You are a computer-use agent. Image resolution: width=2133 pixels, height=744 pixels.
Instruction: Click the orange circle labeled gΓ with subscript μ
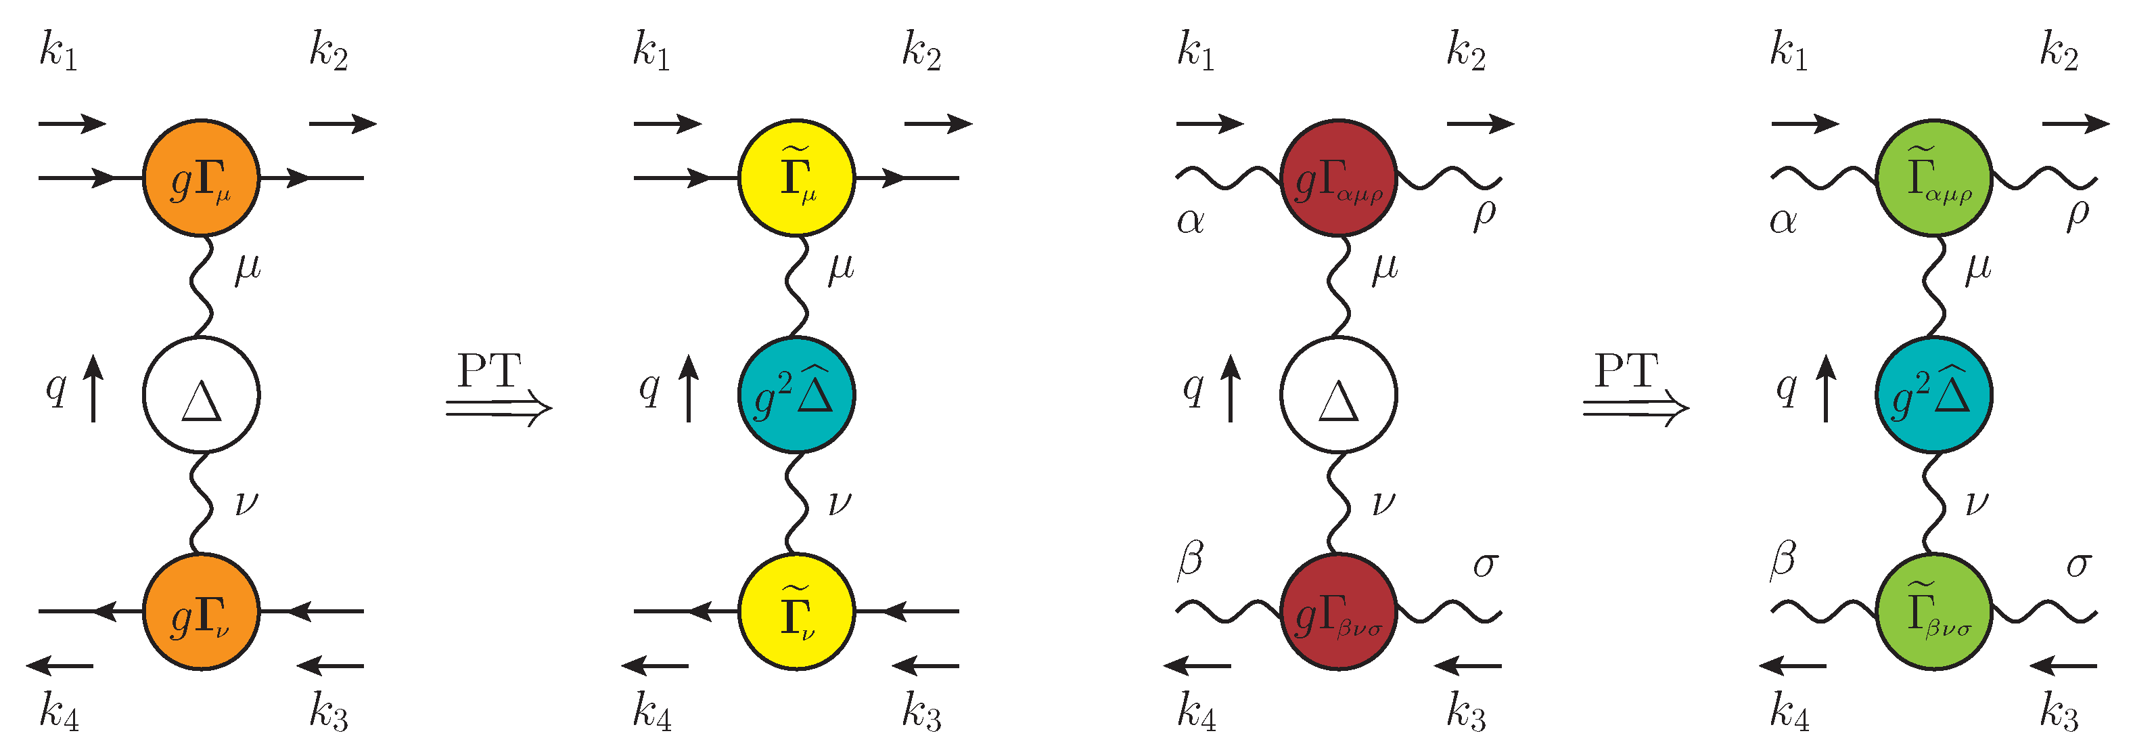coord(201,178)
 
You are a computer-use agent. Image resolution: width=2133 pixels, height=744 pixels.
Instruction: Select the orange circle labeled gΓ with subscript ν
coord(201,611)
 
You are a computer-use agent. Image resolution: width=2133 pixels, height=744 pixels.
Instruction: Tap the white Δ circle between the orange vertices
coord(201,395)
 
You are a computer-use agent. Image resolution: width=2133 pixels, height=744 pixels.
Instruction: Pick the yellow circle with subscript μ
coord(796,178)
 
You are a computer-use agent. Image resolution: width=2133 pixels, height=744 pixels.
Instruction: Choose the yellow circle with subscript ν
coord(796,611)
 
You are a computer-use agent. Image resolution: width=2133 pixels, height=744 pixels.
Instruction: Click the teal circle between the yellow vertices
coord(796,395)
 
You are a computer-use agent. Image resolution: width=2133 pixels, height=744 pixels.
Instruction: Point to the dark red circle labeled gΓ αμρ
coord(1339,178)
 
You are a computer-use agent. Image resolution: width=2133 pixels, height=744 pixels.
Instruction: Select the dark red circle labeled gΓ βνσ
coord(1339,611)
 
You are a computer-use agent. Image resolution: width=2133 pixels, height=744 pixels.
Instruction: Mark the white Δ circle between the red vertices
coord(1339,395)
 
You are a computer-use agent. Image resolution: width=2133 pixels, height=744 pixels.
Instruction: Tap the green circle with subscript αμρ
coord(1934,178)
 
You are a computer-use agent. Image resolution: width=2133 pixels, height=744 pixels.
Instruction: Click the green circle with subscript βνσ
coord(1934,611)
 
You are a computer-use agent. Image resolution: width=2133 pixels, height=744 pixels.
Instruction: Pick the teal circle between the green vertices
coord(1934,395)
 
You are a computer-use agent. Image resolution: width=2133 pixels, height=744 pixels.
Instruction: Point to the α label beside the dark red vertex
coord(1191,221)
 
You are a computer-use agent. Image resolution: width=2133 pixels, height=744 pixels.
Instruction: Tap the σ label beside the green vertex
coord(2078,566)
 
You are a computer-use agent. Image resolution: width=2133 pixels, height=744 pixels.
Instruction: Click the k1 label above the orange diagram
coord(59,51)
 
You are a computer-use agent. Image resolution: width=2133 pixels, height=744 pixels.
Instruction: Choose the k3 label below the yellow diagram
coord(921,712)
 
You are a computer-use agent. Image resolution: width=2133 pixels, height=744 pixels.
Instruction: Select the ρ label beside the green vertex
coord(2078,215)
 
